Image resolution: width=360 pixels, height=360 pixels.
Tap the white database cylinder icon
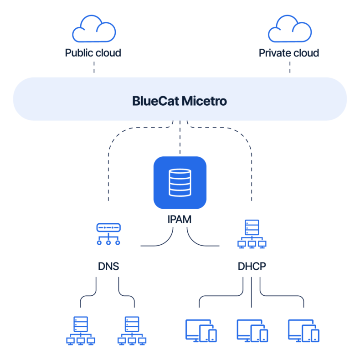[x=180, y=183]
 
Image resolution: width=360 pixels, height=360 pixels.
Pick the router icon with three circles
[x=108, y=234]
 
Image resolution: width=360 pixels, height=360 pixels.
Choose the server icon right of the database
[x=252, y=234]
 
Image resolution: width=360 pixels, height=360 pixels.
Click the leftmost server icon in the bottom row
[x=81, y=331]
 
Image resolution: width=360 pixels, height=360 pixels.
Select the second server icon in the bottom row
[x=132, y=331]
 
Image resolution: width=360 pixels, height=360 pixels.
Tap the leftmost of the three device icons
[x=201, y=331]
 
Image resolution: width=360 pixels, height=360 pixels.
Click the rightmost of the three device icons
[x=303, y=331]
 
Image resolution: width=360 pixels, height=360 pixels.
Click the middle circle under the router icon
[x=108, y=242]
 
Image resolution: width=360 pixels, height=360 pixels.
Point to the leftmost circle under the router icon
[x=99, y=242]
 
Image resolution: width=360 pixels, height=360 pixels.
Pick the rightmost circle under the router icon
[x=118, y=242]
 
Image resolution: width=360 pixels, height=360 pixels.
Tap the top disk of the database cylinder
[x=180, y=174]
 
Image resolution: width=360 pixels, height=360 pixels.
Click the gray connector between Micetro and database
[x=183, y=139]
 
